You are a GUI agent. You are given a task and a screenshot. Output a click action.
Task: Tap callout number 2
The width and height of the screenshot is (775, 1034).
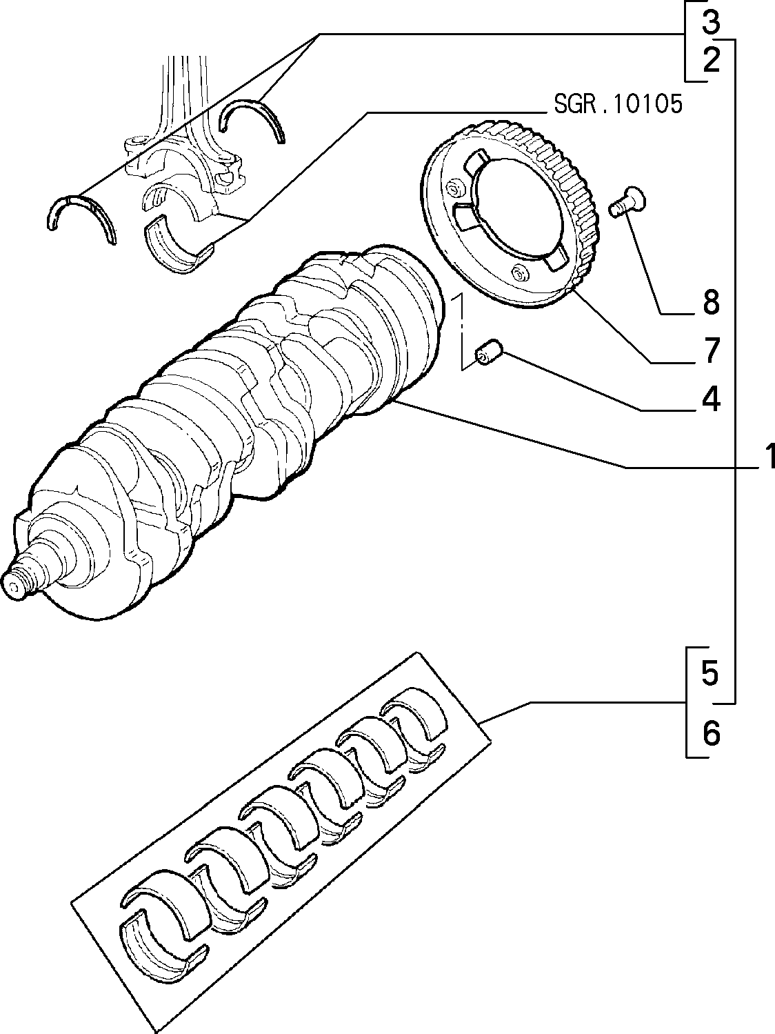(711, 60)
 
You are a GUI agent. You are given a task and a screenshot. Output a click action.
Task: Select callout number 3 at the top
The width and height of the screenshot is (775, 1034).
(711, 22)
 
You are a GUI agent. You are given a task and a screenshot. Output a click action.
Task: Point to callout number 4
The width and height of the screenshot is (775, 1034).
(711, 398)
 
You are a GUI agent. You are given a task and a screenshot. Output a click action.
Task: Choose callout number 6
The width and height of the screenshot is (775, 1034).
(711, 733)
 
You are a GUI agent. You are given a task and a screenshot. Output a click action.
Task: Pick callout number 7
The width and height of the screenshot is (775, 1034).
(711, 350)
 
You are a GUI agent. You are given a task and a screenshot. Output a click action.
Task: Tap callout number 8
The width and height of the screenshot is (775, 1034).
(711, 301)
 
